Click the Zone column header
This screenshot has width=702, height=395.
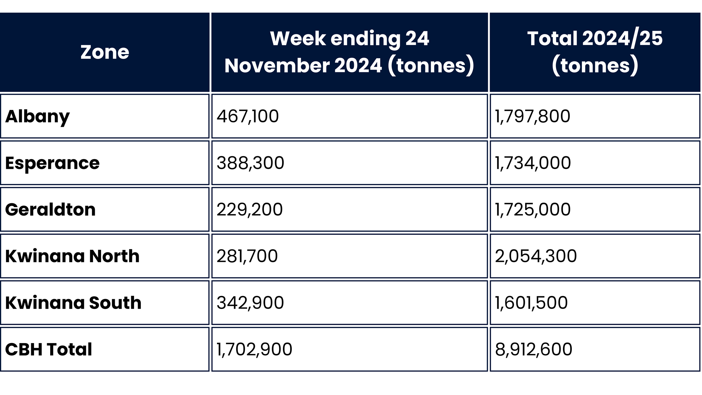(x=105, y=52)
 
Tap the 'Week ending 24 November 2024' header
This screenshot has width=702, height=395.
(x=349, y=52)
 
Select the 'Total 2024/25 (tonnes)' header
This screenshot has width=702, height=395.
(x=595, y=52)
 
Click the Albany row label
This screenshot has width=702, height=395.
(x=38, y=116)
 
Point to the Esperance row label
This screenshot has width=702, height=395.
(x=52, y=163)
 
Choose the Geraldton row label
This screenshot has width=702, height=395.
(x=50, y=210)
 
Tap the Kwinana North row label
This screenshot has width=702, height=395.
(x=72, y=256)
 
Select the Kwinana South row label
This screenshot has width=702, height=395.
(x=73, y=303)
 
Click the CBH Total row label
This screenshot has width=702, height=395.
(x=48, y=349)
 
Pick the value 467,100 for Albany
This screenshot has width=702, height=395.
(x=247, y=116)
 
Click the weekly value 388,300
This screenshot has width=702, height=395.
(x=250, y=163)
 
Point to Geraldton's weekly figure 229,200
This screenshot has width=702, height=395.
(x=250, y=210)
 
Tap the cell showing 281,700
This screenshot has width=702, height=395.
(x=247, y=256)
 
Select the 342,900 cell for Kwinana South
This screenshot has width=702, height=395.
(x=250, y=303)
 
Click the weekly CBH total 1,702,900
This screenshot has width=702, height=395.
(x=254, y=349)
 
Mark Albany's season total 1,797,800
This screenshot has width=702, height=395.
(x=532, y=116)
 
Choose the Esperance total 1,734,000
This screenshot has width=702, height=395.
(x=533, y=163)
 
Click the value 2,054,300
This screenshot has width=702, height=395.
(x=536, y=256)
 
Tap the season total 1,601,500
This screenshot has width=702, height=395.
(x=531, y=303)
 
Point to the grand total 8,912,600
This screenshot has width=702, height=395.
(x=534, y=349)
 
